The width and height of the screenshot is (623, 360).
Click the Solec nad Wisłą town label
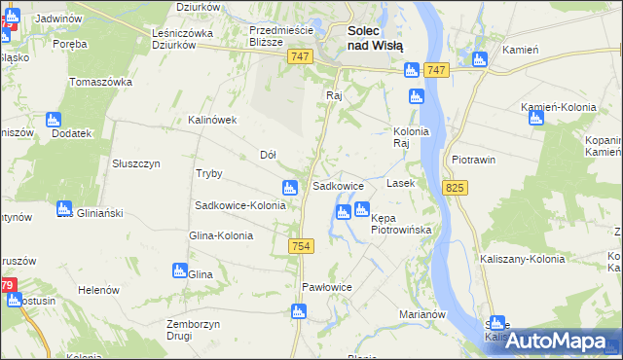pos(376,38)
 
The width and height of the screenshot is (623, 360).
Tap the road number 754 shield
pos(301,248)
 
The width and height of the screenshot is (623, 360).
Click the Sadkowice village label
pos(338,185)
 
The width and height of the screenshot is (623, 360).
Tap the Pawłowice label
pos(326,287)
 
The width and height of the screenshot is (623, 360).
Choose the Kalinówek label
pos(213,121)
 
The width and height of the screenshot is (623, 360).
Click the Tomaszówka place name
pos(100,82)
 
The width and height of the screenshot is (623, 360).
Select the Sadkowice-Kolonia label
pos(240,205)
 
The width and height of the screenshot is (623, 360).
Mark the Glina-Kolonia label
pos(221,235)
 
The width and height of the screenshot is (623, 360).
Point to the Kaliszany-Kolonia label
pos(522,259)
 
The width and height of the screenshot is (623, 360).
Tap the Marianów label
pos(422,314)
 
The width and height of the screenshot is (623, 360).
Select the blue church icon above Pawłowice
pos(298,311)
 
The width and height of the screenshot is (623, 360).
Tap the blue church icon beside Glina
pos(179,270)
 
